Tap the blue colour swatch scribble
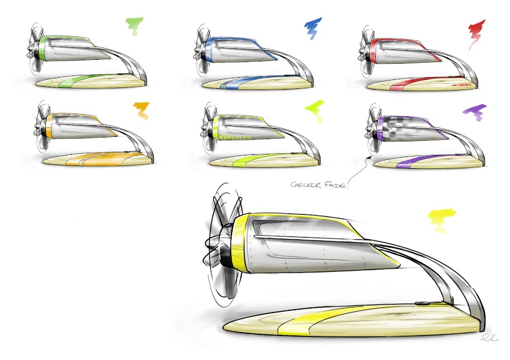(314, 26)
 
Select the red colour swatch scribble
(476, 29)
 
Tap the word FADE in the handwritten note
(338, 184)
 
